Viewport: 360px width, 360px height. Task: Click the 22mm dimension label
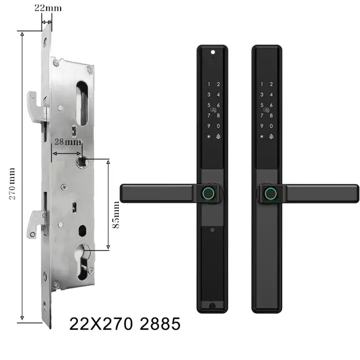tap(48, 8)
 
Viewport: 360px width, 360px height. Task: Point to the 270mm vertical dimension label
tap(12, 184)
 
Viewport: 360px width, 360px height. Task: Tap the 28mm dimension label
tap(67, 141)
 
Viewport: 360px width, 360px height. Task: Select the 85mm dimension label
tap(116, 214)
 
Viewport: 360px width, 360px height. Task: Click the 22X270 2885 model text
tap(124, 323)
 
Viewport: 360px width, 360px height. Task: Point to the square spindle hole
tap(82, 161)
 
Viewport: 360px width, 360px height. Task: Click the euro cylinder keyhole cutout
tap(82, 262)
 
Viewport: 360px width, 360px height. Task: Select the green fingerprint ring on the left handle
tap(208, 193)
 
